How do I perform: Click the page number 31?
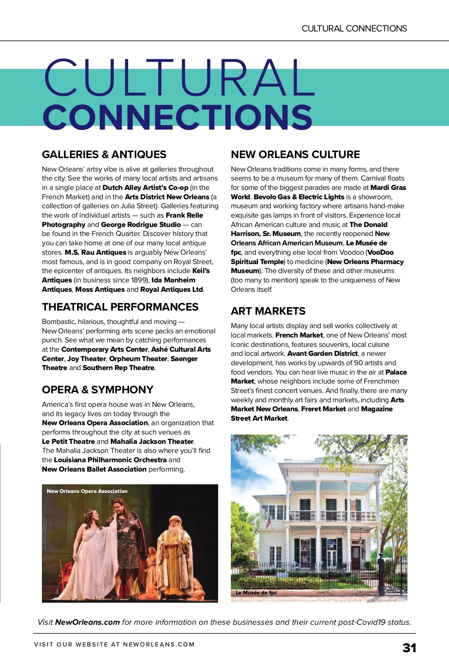tap(409, 648)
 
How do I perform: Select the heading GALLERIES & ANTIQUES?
tap(104, 154)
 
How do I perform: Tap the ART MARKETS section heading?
tap(268, 311)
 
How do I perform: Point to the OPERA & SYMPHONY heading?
tap(98, 390)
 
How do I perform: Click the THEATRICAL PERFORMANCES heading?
tap(120, 307)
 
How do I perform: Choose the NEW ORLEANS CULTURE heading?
tap(295, 154)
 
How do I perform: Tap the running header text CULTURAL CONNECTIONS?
tap(354, 28)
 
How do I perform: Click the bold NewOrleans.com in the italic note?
tap(87, 622)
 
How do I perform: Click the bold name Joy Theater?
tap(87, 358)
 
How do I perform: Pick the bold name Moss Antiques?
tap(100, 290)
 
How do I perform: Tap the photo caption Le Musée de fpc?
tap(256, 593)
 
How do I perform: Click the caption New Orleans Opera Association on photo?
tap(87, 491)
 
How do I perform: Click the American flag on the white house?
tap(268, 521)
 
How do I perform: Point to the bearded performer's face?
tap(174, 522)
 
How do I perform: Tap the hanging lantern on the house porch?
tap(360, 540)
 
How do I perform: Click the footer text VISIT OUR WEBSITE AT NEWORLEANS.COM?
tap(114, 644)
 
